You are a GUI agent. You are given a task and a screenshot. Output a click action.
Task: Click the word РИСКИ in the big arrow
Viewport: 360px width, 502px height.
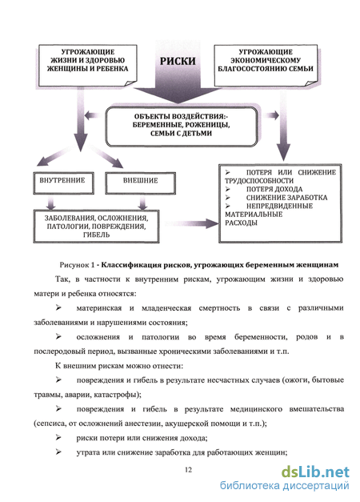click(x=178, y=61)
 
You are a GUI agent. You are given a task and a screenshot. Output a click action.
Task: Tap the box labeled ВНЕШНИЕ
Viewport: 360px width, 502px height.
click(x=141, y=183)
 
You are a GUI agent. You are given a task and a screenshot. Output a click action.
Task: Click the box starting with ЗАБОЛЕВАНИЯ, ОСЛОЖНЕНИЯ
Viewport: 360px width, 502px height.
click(x=96, y=227)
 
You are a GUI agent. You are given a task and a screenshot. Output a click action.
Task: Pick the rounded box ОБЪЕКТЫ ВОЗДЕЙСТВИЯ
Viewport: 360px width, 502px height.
click(x=182, y=127)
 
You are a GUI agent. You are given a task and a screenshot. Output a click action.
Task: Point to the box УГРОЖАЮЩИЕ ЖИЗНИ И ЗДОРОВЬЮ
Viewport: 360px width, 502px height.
click(x=88, y=66)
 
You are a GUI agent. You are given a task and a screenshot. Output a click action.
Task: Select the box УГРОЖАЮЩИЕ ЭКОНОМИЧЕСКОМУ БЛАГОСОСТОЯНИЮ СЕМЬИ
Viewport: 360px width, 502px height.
click(x=266, y=66)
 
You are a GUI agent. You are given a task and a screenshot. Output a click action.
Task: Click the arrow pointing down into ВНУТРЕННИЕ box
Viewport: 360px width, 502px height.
click(x=50, y=158)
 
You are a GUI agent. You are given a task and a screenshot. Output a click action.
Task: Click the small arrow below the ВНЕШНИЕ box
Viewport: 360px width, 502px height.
click(x=143, y=203)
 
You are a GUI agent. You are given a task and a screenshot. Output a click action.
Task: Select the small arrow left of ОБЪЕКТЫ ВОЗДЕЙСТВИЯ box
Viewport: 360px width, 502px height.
click(x=94, y=115)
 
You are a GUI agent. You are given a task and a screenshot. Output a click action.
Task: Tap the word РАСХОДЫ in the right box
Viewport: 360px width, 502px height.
click(x=241, y=223)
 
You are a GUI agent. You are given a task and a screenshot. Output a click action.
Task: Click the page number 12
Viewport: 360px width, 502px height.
click(x=188, y=470)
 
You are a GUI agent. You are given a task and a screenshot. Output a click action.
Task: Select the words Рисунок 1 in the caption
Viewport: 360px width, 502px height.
click(x=77, y=265)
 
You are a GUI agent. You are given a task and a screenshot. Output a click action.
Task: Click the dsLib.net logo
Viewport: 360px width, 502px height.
click(x=315, y=472)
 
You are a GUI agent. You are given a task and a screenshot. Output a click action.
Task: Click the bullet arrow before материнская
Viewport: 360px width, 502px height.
click(x=58, y=307)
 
